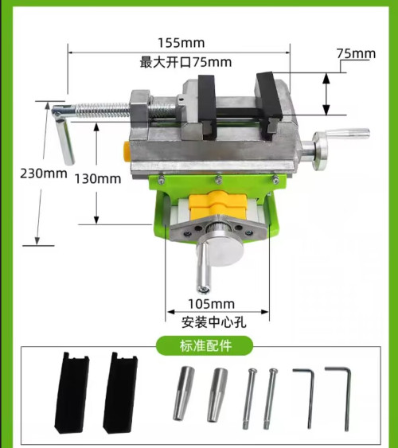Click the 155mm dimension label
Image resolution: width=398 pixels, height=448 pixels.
click(181, 42)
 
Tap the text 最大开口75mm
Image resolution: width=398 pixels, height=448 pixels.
click(186, 61)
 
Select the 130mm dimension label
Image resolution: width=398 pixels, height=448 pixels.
click(98, 179)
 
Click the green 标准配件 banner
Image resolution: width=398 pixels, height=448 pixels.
click(205, 345)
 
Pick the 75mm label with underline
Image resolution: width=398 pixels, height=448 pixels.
click(355, 53)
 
